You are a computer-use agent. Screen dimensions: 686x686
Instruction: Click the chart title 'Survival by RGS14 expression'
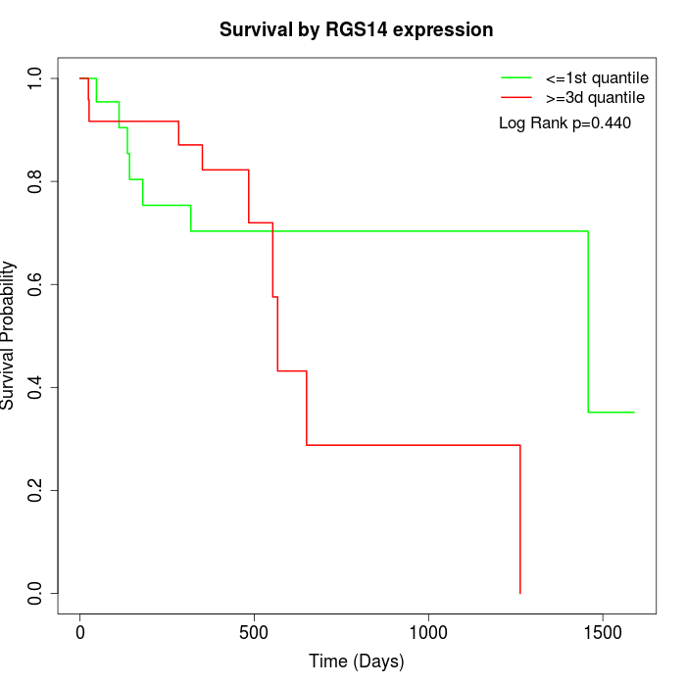356,30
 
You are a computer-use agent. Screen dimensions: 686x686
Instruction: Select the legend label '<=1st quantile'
597,77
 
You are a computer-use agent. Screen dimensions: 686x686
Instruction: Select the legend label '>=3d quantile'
595,98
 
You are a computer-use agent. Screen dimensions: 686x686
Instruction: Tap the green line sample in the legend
516,77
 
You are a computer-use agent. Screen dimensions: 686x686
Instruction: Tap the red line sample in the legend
516,98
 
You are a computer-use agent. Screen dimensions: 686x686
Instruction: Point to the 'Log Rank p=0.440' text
564,123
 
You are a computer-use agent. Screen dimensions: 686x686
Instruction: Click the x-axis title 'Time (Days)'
356,661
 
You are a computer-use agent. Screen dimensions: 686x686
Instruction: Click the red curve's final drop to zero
519,519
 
